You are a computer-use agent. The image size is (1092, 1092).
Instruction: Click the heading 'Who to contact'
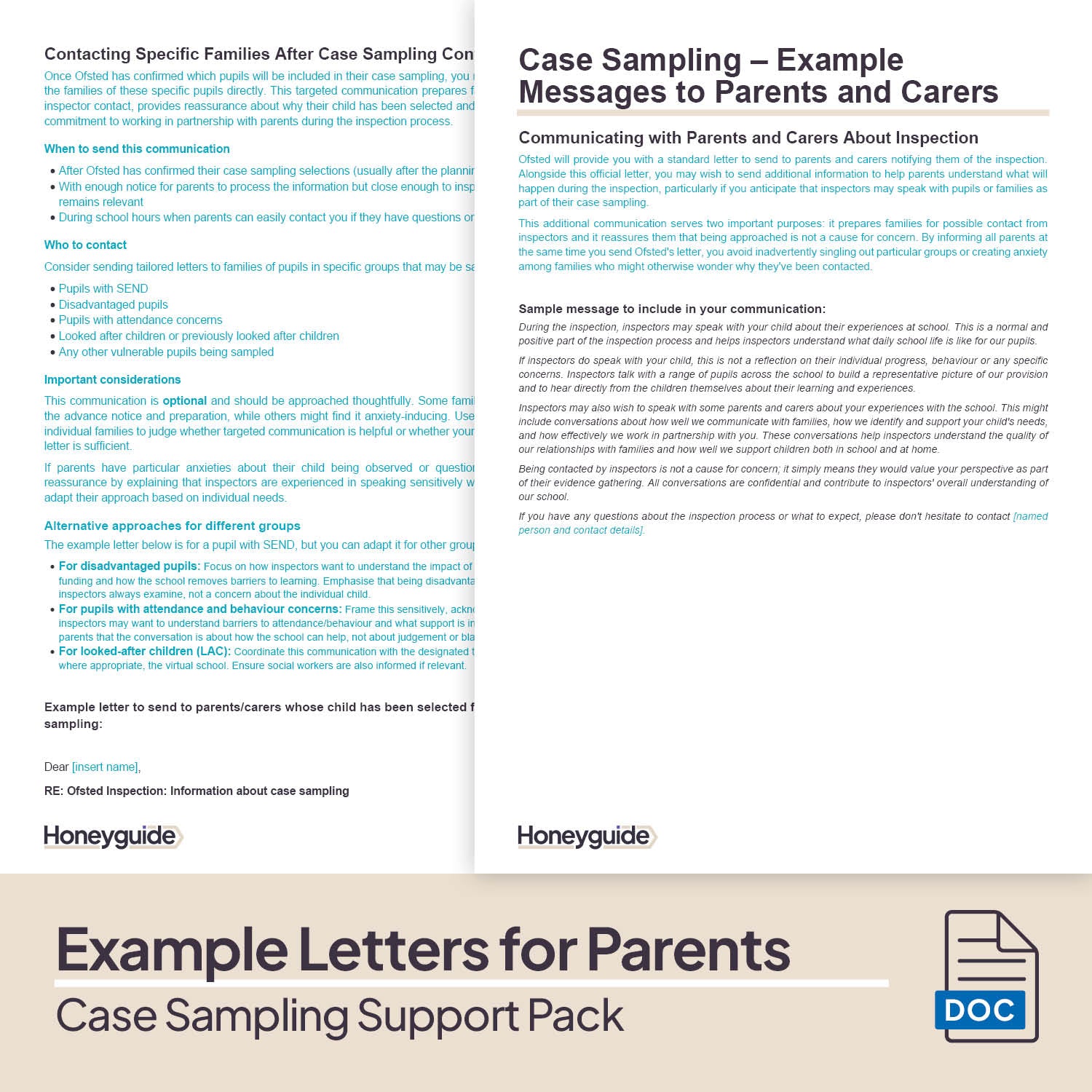(x=85, y=245)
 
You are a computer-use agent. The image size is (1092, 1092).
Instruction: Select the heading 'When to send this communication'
(x=137, y=149)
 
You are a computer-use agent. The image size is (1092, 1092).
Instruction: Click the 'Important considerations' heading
(x=112, y=379)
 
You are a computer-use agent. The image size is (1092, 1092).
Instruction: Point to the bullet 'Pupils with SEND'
(x=103, y=289)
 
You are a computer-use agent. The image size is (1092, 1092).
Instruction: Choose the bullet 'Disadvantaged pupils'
(x=113, y=304)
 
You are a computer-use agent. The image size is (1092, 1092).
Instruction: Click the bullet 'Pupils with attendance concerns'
(x=141, y=320)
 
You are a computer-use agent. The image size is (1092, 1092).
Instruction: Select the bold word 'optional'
(x=184, y=401)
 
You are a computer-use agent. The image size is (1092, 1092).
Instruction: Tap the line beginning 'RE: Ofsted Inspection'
(x=197, y=791)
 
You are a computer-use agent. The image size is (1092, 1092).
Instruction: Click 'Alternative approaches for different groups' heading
(x=172, y=526)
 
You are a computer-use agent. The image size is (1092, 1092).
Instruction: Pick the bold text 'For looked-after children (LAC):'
(x=145, y=652)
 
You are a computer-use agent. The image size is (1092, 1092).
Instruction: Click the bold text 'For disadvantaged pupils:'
(x=129, y=566)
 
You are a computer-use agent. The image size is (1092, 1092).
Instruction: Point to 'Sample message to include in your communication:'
(x=672, y=309)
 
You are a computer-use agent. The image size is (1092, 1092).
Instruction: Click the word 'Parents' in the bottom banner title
(x=688, y=949)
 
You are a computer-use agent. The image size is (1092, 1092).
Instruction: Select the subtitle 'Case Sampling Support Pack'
(x=340, y=1016)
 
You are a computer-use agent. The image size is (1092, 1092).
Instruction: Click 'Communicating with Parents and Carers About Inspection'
(x=748, y=138)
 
